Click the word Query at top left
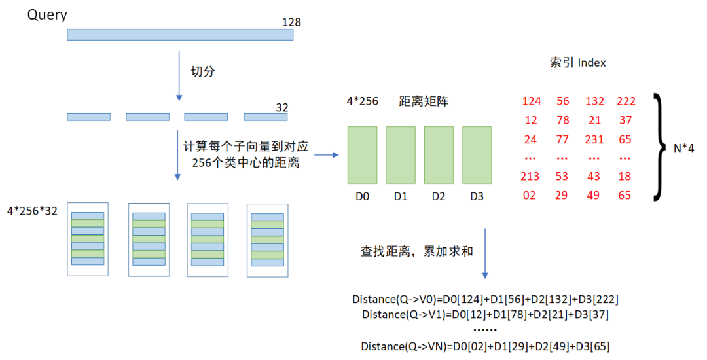point(47,14)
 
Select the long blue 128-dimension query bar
point(180,35)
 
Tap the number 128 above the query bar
point(291,22)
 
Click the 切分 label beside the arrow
point(202,71)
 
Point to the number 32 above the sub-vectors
point(282,107)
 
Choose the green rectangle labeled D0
point(362,154)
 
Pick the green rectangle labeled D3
point(477,154)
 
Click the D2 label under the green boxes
point(439,196)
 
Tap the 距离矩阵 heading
point(424,101)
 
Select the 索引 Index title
point(577,63)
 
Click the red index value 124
point(532,101)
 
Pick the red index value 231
point(595,139)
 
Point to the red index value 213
point(530,176)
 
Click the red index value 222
point(626,101)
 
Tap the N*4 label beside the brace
point(684,149)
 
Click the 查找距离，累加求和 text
point(416,251)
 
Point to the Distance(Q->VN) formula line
point(485,346)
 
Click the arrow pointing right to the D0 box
point(326,155)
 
